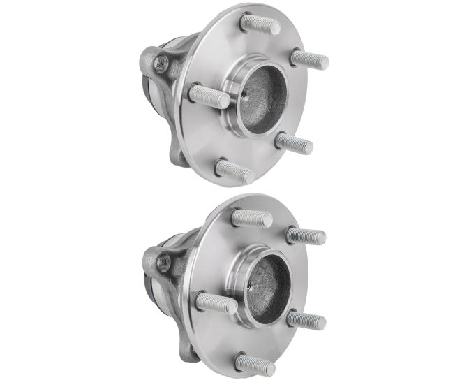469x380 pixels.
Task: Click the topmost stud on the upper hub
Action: coord(260,24)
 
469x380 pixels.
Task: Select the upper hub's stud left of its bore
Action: coord(209,96)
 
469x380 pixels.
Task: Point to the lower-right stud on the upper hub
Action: coord(294,142)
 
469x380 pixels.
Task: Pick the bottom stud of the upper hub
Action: coord(234,170)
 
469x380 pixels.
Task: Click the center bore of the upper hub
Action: coord(263,98)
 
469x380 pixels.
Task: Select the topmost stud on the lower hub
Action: coord(251,218)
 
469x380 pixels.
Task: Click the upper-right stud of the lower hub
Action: coord(306,236)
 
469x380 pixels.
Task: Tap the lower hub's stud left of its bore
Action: coord(216,303)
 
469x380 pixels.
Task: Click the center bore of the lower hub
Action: coord(265,289)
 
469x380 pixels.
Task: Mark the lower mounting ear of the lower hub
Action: coord(183,346)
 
